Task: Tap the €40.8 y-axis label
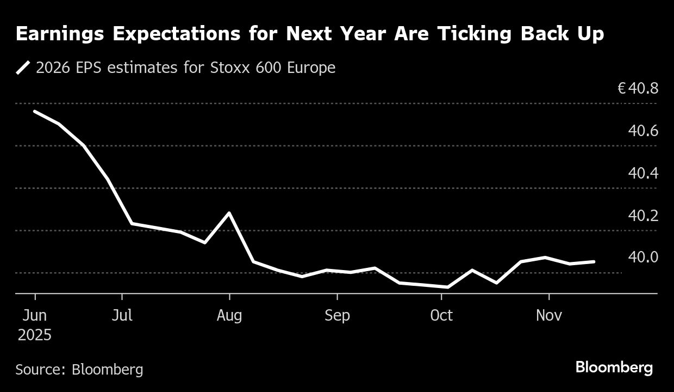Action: coord(638,88)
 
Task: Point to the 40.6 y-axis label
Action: coord(643,131)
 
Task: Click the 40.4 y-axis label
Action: coord(643,173)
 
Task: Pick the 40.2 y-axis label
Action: coord(643,216)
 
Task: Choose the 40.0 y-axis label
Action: coord(643,256)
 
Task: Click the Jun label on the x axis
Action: coord(35,316)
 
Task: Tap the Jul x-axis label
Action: coord(122,316)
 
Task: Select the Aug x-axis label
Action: coord(230,316)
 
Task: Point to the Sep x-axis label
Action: coord(337,316)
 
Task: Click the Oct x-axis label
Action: coord(441,316)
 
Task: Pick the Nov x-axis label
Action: coord(549,316)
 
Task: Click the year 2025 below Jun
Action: coord(35,335)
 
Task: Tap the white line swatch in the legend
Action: coord(23,68)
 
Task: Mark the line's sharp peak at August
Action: coord(230,213)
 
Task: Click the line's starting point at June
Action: coord(35,112)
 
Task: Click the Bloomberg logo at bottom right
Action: coord(614,367)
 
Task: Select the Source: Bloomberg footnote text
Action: coord(79,370)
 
